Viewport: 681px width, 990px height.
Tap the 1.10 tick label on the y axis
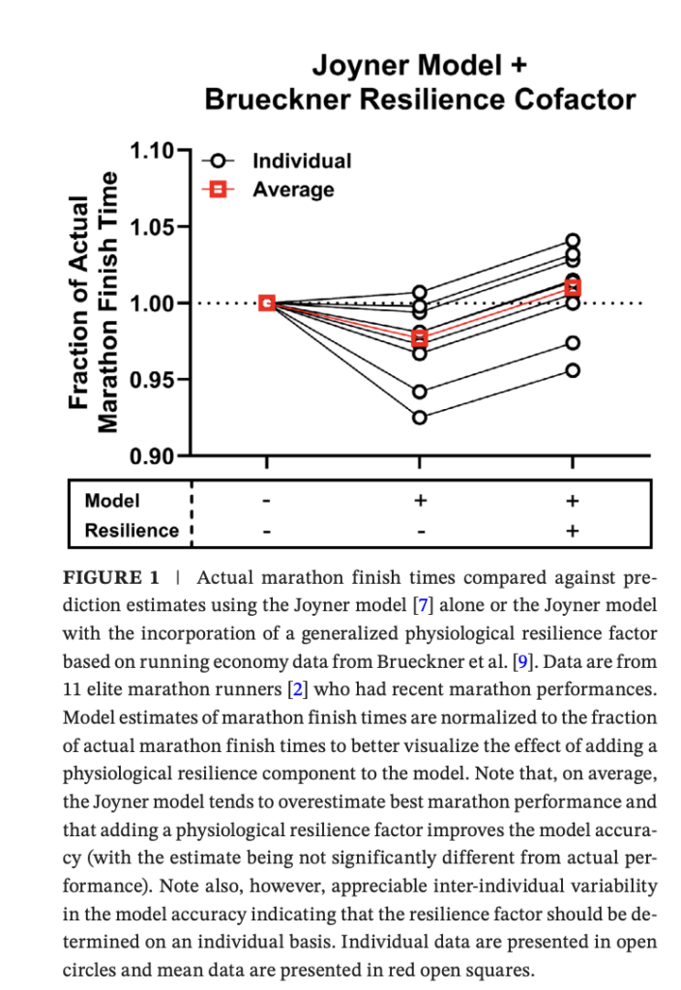pos(152,151)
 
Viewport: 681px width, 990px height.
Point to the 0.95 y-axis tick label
pos(152,380)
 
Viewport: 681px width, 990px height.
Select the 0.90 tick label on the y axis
pos(152,455)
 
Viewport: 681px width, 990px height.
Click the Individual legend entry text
pos(302,161)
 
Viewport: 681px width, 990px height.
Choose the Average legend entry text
pos(293,189)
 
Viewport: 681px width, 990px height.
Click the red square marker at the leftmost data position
pos(267,303)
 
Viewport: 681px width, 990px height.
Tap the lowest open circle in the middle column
pos(420,418)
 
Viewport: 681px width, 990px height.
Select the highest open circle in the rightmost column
pos(573,241)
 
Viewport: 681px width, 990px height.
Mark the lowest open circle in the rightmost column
pos(573,370)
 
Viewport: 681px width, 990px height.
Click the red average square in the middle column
pos(420,338)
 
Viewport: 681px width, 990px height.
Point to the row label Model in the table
pos(112,501)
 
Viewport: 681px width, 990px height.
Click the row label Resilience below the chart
pos(132,531)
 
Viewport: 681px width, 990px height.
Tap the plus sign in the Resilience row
pos(573,531)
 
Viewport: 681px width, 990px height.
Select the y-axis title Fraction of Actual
pos(78,303)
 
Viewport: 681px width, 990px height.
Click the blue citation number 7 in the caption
pos(423,605)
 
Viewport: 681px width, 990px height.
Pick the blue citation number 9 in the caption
pos(521,661)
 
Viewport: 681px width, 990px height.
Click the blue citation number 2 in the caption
pos(298,688)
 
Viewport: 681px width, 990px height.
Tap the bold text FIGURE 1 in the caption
pos(110,578)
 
